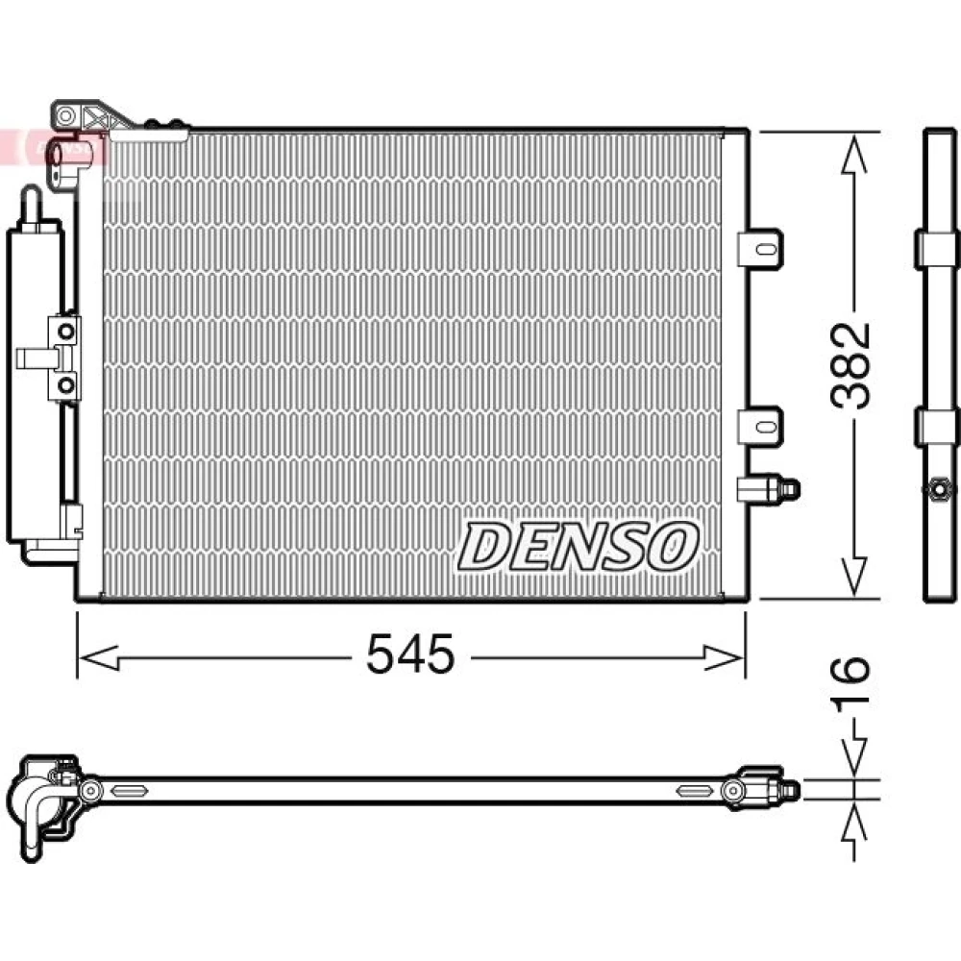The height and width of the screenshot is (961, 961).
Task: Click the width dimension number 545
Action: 410,653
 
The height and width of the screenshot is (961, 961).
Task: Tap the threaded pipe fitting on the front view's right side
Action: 768,489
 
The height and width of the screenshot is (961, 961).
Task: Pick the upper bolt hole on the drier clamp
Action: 65,333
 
